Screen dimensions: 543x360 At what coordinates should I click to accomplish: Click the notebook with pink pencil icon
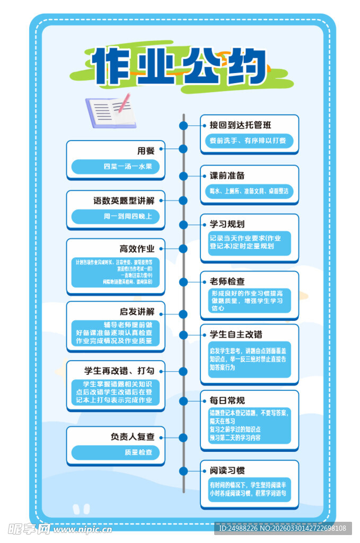coord(110,112)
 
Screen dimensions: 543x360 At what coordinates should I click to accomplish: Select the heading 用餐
coord(146,151)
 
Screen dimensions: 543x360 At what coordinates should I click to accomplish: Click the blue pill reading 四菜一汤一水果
coord(128,167)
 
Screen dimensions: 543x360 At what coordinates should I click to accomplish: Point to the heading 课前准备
coord(227,176)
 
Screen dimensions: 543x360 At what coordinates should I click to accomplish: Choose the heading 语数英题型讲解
coord(124,201)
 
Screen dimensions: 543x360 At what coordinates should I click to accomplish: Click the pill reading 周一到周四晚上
coord(128,216)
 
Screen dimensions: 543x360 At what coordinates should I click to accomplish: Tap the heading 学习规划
coord(227,224)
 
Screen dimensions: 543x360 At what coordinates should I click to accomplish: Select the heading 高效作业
coord(137,249)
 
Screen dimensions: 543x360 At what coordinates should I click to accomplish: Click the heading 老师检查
coord(227,282)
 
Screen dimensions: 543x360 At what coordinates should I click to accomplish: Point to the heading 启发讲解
coord(137,311)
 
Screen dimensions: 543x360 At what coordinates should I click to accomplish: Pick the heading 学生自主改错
coord(236,335)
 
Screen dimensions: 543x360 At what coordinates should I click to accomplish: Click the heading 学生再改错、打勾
coord(119,370)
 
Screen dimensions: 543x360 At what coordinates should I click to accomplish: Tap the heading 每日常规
coord(227,400)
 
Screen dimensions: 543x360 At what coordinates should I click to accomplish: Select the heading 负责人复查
coord(133,437)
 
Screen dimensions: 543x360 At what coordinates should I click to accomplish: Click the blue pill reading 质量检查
coord(138,452)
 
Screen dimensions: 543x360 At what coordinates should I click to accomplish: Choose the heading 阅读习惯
coord(227,470)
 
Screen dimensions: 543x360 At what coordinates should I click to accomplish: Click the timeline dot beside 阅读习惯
coord(183,471)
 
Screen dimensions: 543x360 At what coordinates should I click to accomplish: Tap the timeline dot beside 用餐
coord(183,149)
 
